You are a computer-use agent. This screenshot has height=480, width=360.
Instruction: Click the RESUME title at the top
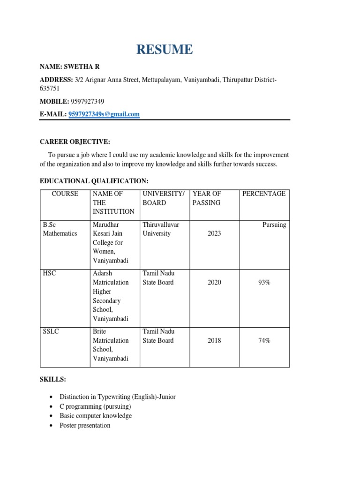click(x=164, y=49)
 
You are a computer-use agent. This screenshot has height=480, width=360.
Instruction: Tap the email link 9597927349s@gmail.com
click(x=104, y=114)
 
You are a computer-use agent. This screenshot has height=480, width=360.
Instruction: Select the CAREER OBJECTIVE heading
click(x=75, y=142)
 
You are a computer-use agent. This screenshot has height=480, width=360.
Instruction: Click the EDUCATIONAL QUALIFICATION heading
click(x=94, y=180)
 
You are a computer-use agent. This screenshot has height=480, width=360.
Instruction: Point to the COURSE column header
click(x=65, y=194)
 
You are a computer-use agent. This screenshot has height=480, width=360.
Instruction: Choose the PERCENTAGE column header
click(x=264, y=194)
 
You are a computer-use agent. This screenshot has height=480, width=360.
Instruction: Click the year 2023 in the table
click(x=214, y=233)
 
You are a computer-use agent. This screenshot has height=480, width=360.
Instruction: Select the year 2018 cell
click(x=214, y=341)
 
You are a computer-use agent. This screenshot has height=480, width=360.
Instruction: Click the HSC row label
click(x=49, y=273)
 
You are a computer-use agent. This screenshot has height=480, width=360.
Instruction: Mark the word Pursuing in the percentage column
click(x=274, y=225)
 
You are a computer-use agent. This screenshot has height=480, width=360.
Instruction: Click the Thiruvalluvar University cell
click(x=161, y=229)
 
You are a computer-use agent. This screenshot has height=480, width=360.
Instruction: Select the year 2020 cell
click(x=214, y=282)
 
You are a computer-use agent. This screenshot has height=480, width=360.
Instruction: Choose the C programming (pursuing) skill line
click(x=95, y=406)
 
